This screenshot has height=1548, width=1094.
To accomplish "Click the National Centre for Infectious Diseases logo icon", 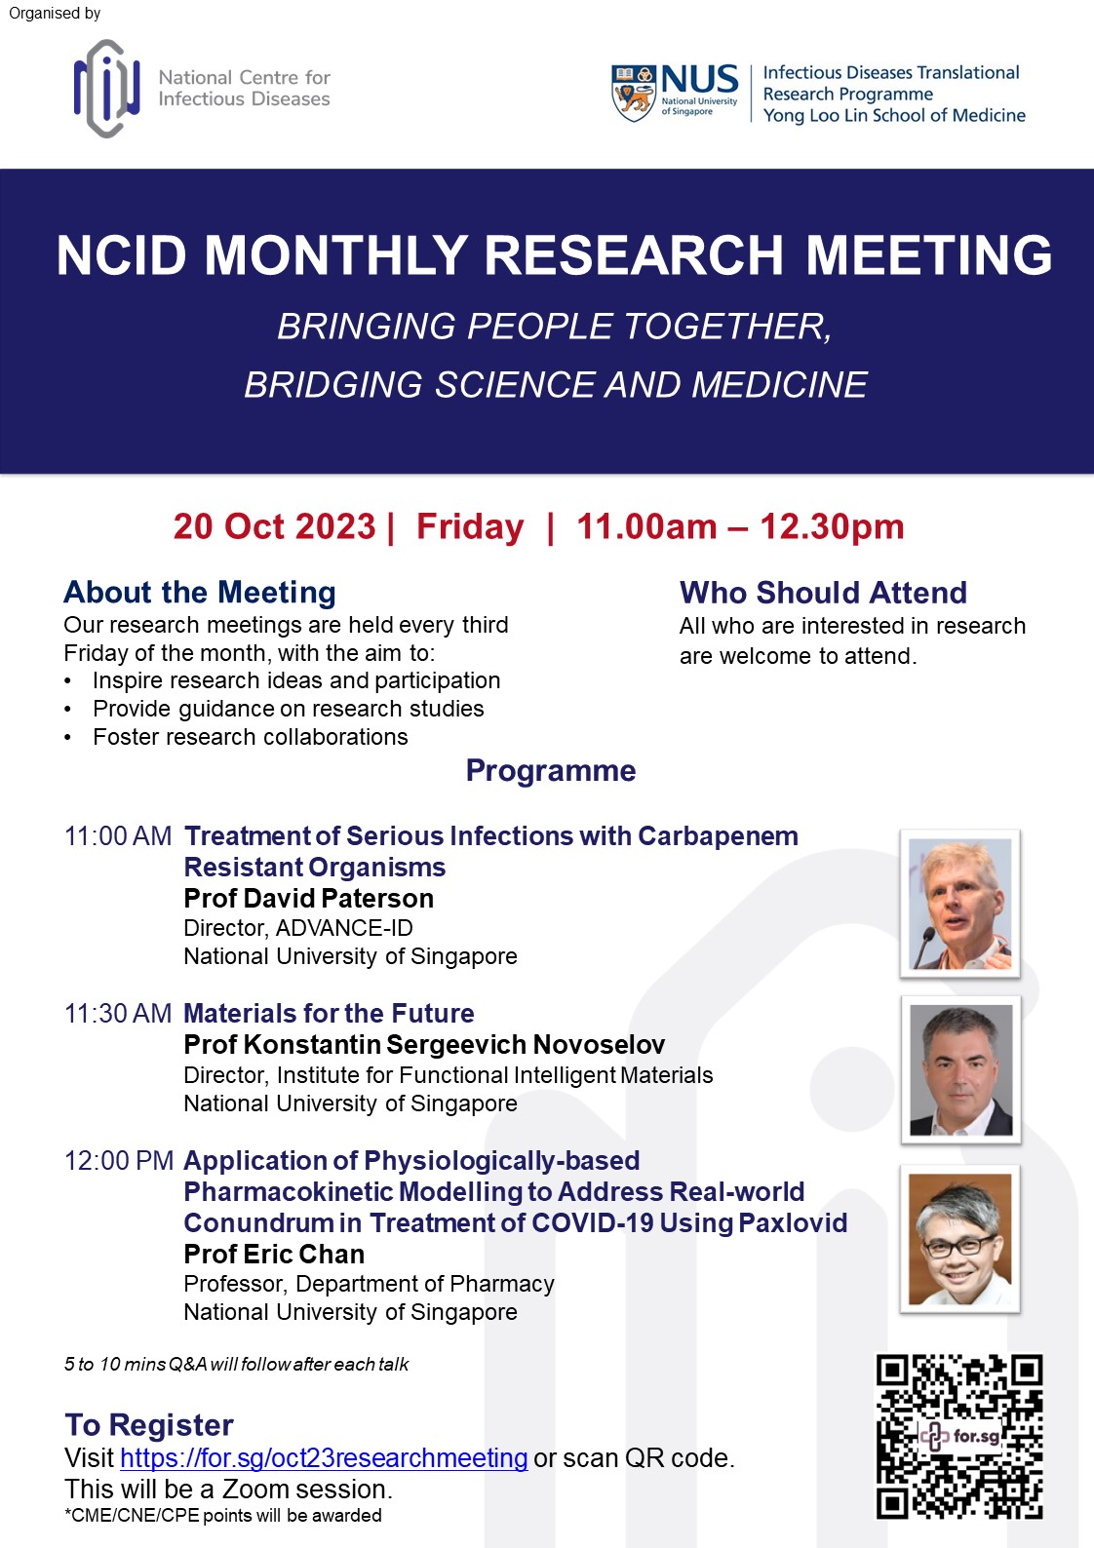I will point(106,89).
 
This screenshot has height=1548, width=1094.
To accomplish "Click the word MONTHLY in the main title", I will point(335,255).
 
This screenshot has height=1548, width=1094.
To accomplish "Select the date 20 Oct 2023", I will point(274,526).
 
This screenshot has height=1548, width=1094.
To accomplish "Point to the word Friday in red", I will point(470,526).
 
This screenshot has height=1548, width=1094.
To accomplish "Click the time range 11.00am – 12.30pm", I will point(740,526).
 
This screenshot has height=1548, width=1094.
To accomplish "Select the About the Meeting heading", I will point(200,593).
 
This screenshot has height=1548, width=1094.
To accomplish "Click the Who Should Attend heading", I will point(823,593).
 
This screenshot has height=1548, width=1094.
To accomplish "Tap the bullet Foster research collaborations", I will point(250,737).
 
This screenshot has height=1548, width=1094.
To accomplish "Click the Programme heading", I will point(550,770).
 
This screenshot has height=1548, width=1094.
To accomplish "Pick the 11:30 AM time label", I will point(118,1014).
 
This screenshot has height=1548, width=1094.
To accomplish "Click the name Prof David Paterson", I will point(308,899).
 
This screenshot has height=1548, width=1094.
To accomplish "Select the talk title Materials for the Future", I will point(329,1014).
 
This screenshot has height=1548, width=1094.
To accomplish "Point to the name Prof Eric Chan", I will point(274,1255).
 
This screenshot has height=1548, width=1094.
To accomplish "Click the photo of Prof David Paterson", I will point(959,904).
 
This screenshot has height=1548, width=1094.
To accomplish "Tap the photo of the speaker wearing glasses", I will point(959,1239).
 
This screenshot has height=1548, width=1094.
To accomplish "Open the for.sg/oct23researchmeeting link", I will point(324,1458).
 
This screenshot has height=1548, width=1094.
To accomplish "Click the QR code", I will point(959,1436).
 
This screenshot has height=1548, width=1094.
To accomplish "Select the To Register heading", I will point(149,1425).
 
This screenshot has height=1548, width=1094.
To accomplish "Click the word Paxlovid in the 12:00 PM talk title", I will point(792,1223).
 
